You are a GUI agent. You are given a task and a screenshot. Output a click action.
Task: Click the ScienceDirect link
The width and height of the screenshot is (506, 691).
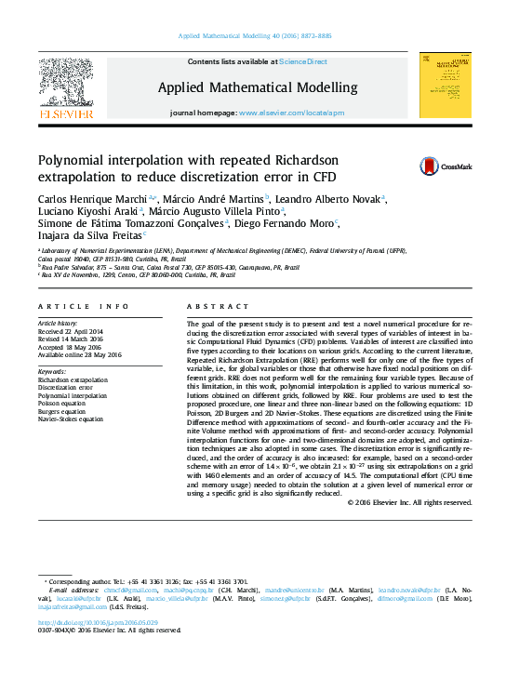303,61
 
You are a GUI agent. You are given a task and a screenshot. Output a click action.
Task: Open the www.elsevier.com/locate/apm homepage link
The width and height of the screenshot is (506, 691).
291,113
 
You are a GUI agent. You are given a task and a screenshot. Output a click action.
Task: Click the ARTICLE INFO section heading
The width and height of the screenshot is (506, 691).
83,306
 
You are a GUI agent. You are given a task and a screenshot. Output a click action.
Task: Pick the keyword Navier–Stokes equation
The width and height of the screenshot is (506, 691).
71,419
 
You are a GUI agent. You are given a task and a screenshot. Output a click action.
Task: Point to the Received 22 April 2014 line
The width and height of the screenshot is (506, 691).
71,331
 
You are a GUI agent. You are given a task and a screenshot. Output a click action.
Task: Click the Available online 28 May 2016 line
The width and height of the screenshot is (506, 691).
80,354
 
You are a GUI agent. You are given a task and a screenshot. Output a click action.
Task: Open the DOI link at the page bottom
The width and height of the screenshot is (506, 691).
98,622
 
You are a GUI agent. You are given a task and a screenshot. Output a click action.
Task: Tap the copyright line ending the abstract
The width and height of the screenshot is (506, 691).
409,502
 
